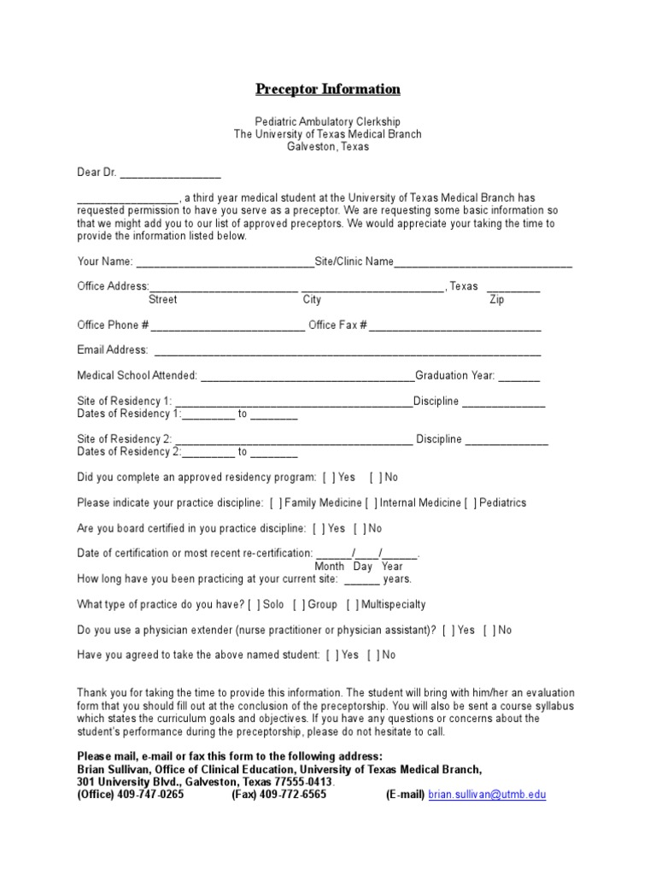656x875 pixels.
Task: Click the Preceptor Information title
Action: coord(328,89)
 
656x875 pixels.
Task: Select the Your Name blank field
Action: coord(225,263)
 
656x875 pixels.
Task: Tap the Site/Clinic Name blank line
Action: coord(483,263)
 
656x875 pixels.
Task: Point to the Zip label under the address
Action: coord(496,300)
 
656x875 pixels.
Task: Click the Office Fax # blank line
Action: coord(455,327)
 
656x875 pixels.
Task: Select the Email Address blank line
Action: coord(347,352)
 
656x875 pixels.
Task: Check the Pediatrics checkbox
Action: coord(471,503)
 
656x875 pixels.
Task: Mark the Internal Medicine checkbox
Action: coord(372,503)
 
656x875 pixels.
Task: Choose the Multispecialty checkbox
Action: coord(353,605)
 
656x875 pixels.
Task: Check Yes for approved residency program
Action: coord(329,478)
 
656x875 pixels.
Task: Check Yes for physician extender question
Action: coord(448,631)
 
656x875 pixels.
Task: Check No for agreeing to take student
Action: coord(374,655)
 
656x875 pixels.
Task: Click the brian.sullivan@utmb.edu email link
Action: coord(487,795)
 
